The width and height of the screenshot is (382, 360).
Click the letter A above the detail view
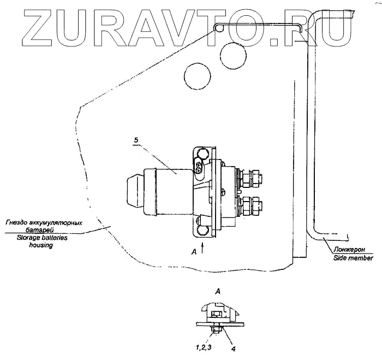point(218,293)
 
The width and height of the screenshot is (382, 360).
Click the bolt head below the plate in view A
point(217,331)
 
